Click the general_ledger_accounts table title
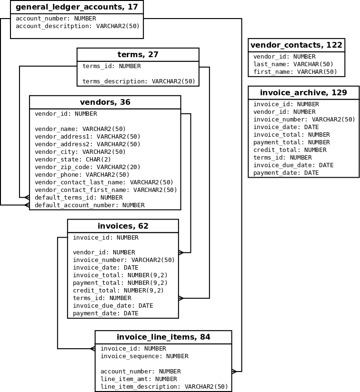pos(77,7)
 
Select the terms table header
pos(138,55)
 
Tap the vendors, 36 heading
pos(105,102)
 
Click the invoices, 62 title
pos(123,226)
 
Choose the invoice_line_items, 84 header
pos(163,337)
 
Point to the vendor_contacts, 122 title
pos(296,45)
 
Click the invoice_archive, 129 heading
pos(303,93)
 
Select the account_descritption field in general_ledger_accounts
pos(78,26)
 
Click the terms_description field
pos(139,81)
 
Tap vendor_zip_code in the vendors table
pos(88,167)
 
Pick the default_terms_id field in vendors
pos(79,198)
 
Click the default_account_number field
pos(90,205)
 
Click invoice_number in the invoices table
pos(124,260)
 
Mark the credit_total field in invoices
pos(118,291)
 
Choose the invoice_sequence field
pos(144,356)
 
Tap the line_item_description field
pos(164,387)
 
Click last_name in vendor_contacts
pos(293,64)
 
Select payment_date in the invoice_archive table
pos(286,173)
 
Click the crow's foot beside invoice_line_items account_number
pos(234,372)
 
